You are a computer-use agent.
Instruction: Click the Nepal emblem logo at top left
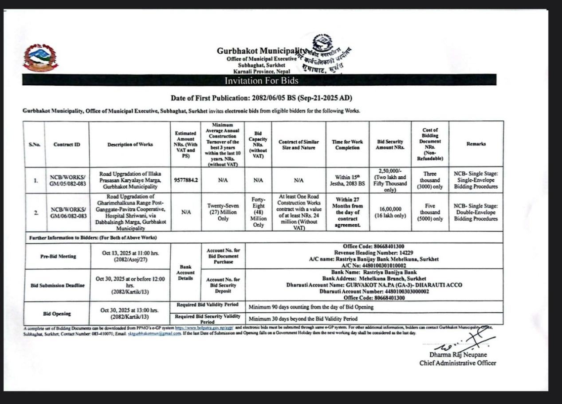click(x=40, y=58)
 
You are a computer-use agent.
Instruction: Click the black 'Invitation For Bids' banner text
click(x=261, y=81)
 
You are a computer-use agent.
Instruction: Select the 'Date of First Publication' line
click(x=261, y=98)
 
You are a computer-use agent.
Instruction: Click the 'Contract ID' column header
click(x=67, y=144)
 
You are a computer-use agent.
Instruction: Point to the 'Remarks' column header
click(x=476, y=144)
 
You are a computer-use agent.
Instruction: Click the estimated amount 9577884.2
click(x=185, y=180)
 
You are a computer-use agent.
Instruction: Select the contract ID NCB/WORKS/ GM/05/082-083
click(x=67, y=180)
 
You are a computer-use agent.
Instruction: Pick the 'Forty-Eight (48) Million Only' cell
click(x=258, y=212)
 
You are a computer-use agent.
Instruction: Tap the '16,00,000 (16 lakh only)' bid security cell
click(x=390, y=212)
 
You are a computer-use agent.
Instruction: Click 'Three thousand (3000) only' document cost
click(x=429, y=180)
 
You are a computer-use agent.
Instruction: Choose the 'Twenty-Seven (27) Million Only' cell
click(x=223, y=212)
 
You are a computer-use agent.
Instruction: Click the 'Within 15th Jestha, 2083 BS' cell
click(x=347, y=180)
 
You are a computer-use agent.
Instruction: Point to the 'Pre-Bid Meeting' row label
click(x=58, y=256)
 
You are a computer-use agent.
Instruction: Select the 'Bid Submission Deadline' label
click(x=57, y=285)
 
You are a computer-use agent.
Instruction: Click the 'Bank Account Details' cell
click(x=185, y=272)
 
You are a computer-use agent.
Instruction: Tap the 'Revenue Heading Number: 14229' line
click(x=373, y=253)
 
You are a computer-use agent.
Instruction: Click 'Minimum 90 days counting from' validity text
click(x=311, y=307)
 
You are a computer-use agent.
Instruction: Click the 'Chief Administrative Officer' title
click(x=458, y=363)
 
